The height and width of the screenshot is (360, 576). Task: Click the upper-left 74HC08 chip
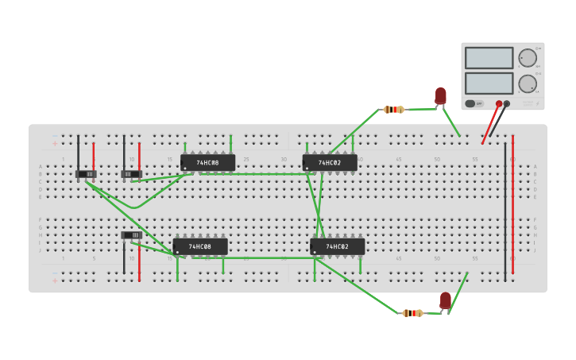pos(207,163)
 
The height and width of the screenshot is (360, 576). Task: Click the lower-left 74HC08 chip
pos(200,247)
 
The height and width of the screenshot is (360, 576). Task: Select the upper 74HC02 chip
pos(330,163)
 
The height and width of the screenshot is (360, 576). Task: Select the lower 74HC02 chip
pos(337,247)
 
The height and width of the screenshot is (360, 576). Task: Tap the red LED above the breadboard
pos(440,96)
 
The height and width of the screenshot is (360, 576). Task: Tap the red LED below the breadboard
pos(446,300)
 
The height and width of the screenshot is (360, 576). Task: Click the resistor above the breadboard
pos(394,110)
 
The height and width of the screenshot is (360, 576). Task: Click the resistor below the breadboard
pos(412,313)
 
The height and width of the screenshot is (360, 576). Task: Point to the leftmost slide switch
pos(86,173)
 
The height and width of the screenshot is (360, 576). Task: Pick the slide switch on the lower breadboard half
pos(132,235)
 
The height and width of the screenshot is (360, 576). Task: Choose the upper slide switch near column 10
pos(131,174)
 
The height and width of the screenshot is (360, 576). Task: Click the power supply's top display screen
pos(489,58)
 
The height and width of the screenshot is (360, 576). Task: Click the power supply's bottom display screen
pos(489,83)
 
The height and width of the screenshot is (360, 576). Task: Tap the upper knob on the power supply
pos(528,58)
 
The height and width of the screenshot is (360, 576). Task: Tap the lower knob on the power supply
pos(528,83)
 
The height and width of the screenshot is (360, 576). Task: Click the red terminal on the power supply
pos(499,103)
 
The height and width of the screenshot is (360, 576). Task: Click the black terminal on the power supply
pos(507,103)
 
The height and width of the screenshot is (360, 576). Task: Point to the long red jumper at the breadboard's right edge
pos(512,207)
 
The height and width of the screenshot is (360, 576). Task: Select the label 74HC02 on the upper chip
pos(330,163)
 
